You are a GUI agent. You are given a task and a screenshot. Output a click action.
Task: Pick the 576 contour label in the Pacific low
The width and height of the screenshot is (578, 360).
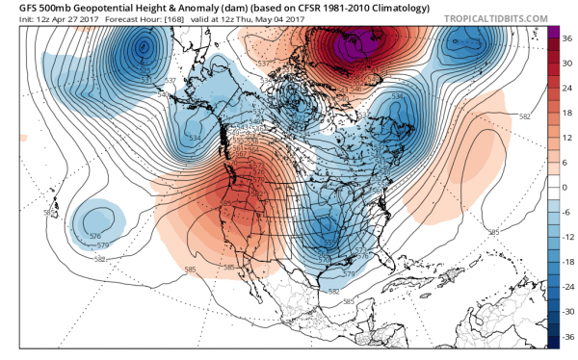coord(94,236)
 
